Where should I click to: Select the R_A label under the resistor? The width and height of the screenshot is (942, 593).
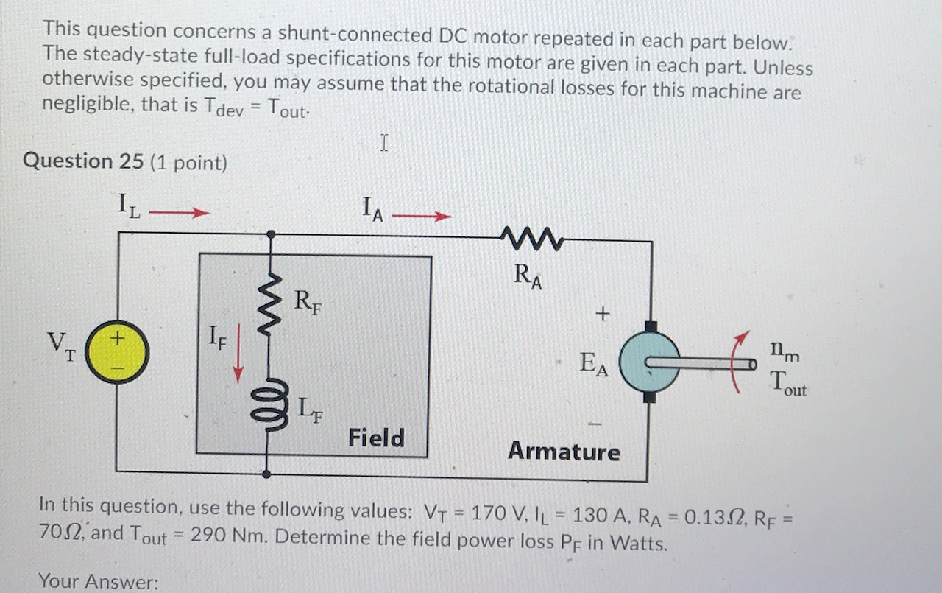tap(528, 276)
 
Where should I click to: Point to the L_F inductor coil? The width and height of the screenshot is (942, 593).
tap(271, 404)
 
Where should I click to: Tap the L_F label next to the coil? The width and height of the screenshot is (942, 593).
tap(309, 407)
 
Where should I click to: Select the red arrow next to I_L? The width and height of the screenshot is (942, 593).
tap(180, 214)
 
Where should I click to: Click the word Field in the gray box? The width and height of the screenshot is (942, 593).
tap(375, 438)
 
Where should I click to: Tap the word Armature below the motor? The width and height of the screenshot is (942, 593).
tap(564, 451)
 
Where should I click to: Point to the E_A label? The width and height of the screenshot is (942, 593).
tap(593, 363)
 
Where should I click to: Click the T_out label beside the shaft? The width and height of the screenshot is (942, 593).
tap(787, 383)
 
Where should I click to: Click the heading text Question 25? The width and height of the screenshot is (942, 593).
tap(83, 161)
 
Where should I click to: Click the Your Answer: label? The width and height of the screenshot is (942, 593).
tap(99, 582)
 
